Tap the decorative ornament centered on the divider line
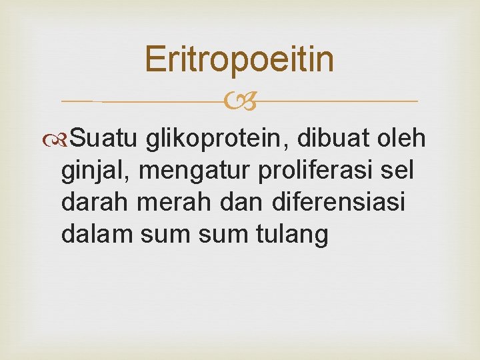coord(239,102)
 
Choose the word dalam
coord(93,235)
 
